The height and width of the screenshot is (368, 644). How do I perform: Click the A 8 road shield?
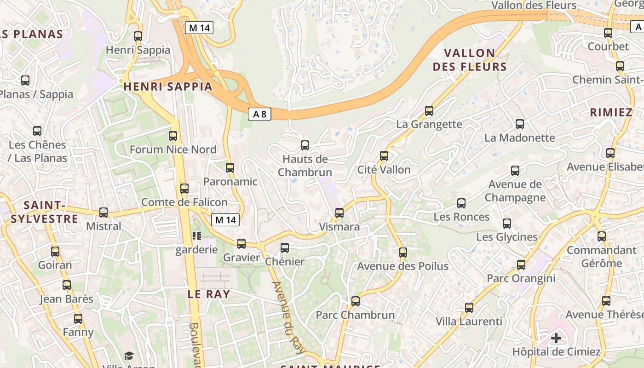click(x=259, y=114)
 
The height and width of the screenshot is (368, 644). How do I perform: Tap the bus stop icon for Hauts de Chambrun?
click(x=305, y=145)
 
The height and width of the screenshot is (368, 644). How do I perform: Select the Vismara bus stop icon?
click(x=339, y=213)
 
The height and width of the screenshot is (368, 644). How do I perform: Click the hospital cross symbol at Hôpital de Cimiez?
click(x=556, y=338)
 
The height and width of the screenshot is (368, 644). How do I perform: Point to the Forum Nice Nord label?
click(x=173, y=149)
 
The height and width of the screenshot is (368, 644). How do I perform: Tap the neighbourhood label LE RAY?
click(x=208, y=294)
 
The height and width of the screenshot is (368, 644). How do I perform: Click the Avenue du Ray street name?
click(x=289, y=317)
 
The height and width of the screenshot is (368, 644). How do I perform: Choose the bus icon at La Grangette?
click(x=429, y=110)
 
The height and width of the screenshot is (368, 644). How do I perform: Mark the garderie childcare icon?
click(x=197, y=236)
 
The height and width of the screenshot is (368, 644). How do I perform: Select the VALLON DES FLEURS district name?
click(x=470, y=60)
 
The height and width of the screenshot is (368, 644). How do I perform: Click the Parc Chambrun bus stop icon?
click(x=355, y=301)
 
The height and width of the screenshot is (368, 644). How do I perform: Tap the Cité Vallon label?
click(x=384, y=170)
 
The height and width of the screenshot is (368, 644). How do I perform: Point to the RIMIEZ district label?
click(x=611, y=112)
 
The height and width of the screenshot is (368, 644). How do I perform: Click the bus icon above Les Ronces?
click(x=461, y=203)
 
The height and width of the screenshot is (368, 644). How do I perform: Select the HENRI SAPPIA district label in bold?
click(x=168, y=86)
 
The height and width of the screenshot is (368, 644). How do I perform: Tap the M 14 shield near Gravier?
click(x=225, y=220)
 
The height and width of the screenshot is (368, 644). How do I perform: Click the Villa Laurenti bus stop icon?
click(x=469, y=307)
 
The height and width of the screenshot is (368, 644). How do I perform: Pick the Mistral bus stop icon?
click(x=103, y=213)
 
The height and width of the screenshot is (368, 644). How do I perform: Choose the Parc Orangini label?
click(x=521, y=278)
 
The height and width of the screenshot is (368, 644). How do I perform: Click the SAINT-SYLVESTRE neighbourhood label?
click(x=44, y=212)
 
